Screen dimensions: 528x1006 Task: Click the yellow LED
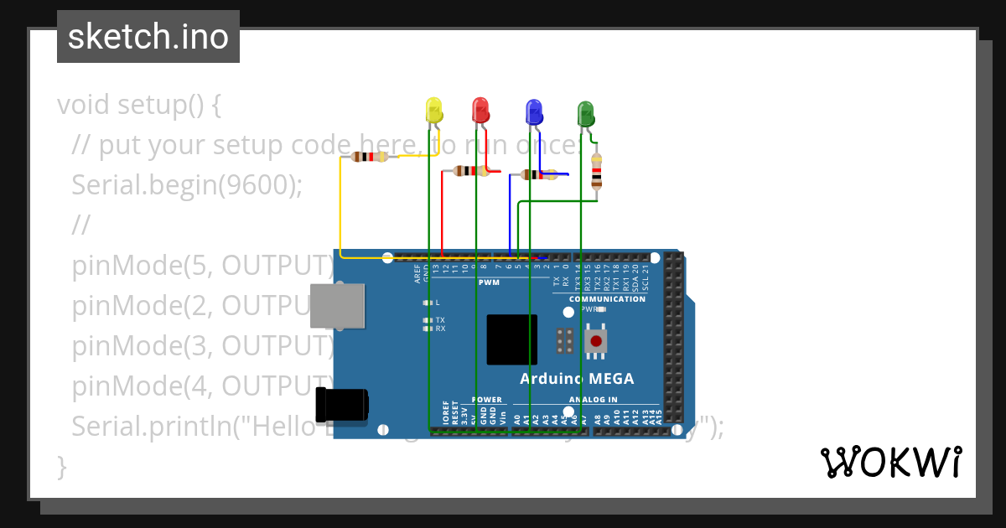433,111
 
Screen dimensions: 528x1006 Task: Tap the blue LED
533,111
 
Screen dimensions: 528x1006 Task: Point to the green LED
585,114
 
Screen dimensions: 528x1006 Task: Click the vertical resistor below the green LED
596,171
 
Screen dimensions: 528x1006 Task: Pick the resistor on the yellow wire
369,157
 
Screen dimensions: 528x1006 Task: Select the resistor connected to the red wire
470,171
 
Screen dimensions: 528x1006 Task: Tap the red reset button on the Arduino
596,341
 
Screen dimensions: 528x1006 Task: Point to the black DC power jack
341,405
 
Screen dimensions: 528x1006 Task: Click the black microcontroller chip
511,339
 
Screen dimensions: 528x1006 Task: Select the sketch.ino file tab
148,37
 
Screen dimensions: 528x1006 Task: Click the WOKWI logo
890,463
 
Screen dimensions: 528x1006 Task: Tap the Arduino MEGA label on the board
577,379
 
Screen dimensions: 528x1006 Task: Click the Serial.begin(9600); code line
186,185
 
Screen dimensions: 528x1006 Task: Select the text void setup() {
139,105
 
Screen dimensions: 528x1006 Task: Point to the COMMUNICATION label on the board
607,299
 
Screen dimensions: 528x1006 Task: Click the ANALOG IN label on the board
593,400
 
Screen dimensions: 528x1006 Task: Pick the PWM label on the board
489,282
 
